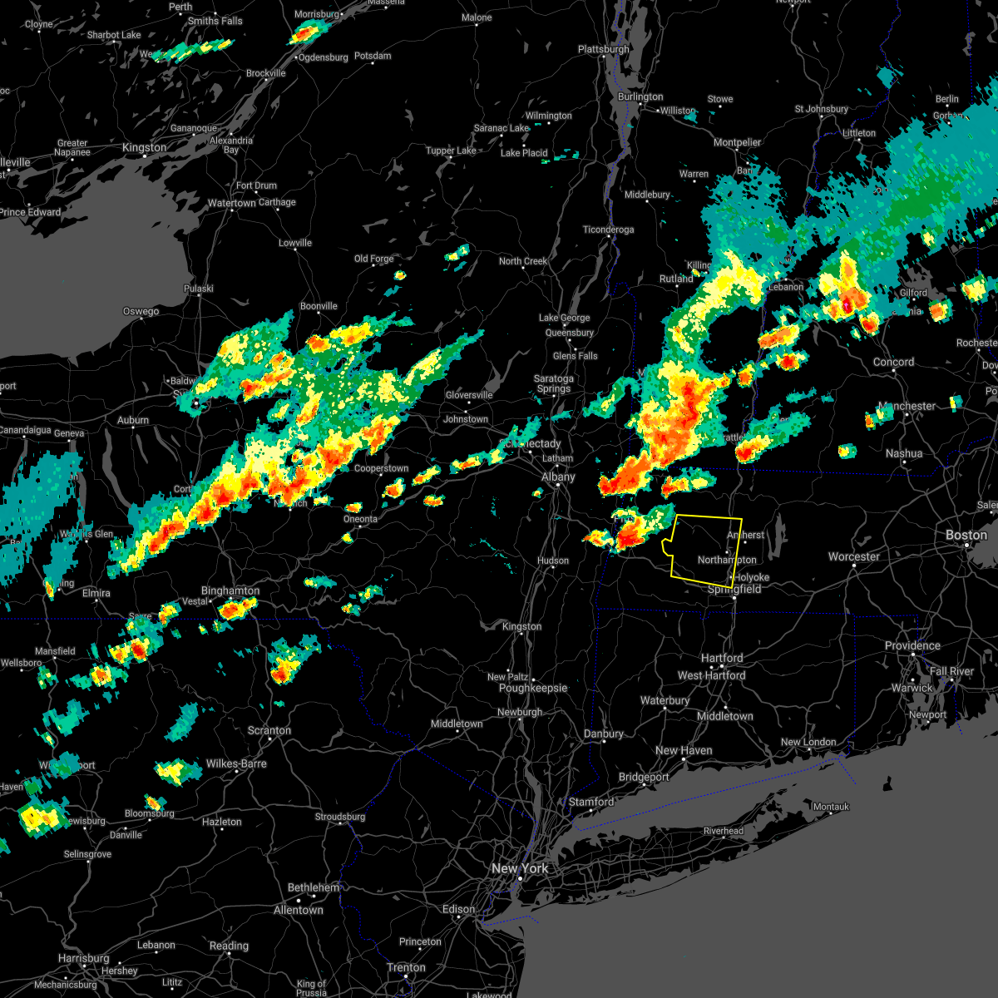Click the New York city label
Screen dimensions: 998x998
pyautogui.click(x=520, y=868)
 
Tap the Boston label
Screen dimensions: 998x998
pyautogui.click(x=966, y=535)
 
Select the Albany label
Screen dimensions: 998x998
pyautogui.click(x=558, y=477)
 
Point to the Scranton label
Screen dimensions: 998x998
pyautogui.click(x=269, y=730)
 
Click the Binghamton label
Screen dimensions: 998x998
pyautogui.click(x=230, y=590)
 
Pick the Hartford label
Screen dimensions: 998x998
pyautogui.click(x=722, y=658)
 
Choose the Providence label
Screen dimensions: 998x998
pyautogui.click(x=912, y=645)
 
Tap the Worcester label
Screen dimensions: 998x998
pyautogui.click(x=854, y=556)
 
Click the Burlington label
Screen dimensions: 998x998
pyautogui.click(x=640, y=96)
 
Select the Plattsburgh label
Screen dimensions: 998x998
pyautogui.click(x=604, y=49)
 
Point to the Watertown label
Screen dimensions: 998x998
pyautogui.click(x=232, y=203)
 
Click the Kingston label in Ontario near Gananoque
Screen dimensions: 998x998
pyautogui.click(x=144, y=147)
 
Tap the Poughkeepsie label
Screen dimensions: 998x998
pyautogui.click(x=533, y=688)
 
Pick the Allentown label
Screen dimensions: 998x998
pyautogui.click(x=299, y=910)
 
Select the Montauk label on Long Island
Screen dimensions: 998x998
pyautogui.click(x=831, y=807)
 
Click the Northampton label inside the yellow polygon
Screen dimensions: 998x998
pyautogui.click(x=727, y=560)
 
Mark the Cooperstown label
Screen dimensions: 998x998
pyautogui.click(x=382, y=468)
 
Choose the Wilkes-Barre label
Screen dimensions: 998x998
pyautogui.click(x=236, y=763)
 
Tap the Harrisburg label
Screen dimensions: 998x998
pyautogui.click(x=84, y=958)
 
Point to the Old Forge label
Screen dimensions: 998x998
pyautogui.click(x=374, y=259)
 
